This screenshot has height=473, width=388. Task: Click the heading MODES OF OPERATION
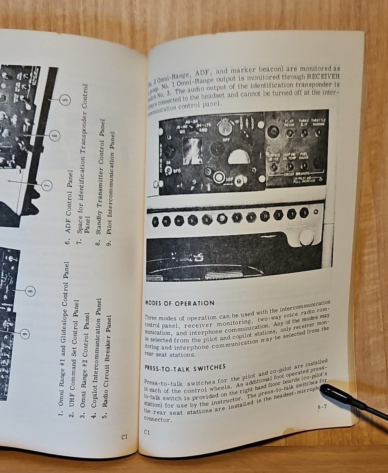click(x=180, y=303)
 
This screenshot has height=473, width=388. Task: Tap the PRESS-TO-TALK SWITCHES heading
click(x=185, y=367)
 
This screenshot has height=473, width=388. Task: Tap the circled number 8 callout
click(x=31, y=291)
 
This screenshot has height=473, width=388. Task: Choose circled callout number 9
click(x=24, y=334)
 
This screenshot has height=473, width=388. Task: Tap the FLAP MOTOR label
click(x=289, y=123)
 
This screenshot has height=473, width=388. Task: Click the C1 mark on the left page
click(x=124, y=438)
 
